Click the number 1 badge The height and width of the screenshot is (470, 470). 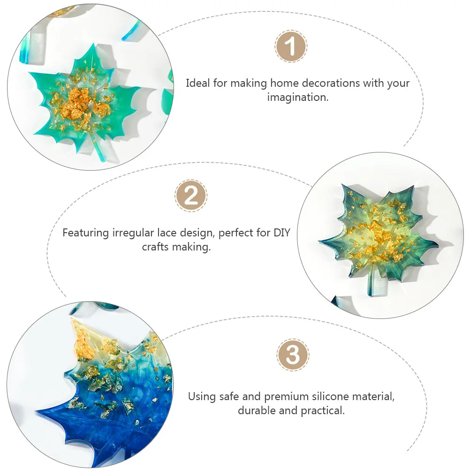291,47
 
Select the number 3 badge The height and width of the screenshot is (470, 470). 293,355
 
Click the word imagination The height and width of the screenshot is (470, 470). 297,98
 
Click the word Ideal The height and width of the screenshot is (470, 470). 198,83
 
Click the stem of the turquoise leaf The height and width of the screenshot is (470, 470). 99,150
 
